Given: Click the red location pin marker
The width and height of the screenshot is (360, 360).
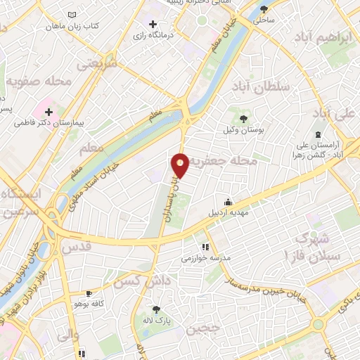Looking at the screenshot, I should (x=181, y=165).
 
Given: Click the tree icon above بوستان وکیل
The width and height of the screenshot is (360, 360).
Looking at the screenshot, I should (x=244, y=119).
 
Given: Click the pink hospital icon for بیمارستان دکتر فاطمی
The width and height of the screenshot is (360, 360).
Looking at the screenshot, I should (x=49, y=110).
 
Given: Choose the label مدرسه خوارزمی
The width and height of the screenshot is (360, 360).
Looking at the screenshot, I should (x=205, y=258).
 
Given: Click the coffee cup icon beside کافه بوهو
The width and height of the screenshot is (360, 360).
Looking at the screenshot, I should (x=89, y=293).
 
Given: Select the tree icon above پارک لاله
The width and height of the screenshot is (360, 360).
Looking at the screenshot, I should (x=155, y=309).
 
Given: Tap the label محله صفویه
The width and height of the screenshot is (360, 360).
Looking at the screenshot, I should (x=40, y=82).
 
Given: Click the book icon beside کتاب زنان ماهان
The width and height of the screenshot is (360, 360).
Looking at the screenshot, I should (x=72, y=14).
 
